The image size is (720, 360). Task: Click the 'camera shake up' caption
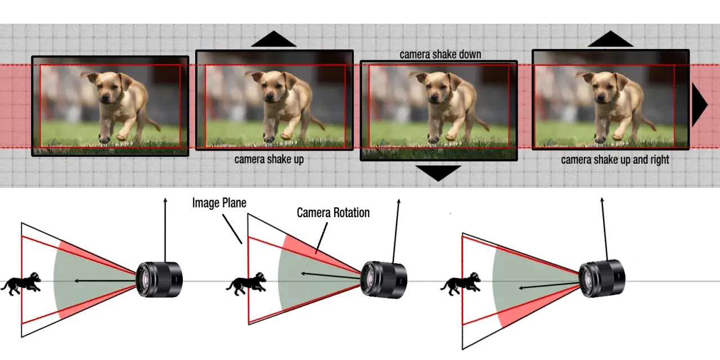(x=269, y=159)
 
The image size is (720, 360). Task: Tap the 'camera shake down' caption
(x=440, y=55)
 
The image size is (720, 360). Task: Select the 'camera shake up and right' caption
(x=615, y=160)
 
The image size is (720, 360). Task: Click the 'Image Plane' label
(x=219, y=203)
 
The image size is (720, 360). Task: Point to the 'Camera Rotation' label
(x=333, y=213)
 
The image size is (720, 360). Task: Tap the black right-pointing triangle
(x=699, y=105)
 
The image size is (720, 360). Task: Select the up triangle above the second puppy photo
(x=273, y=39)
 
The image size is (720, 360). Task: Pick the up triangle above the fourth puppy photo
(x=610, y=39)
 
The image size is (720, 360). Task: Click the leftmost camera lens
(x=159, y=280)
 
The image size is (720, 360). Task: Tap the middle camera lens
(x=384, y=280)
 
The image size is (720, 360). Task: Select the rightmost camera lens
(x=602, y=278)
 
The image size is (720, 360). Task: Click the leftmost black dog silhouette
(x=21, y=283)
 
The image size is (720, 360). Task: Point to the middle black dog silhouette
(x=246, y=283)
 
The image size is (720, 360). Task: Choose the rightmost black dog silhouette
(x=461, y=283)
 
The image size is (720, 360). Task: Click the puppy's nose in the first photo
(x=105, y=98)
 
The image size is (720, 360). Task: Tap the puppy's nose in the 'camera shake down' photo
(x=434, y=97)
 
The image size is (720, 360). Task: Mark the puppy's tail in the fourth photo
(x=647, y=124)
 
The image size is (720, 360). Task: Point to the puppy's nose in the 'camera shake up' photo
(x=269, y=97)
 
